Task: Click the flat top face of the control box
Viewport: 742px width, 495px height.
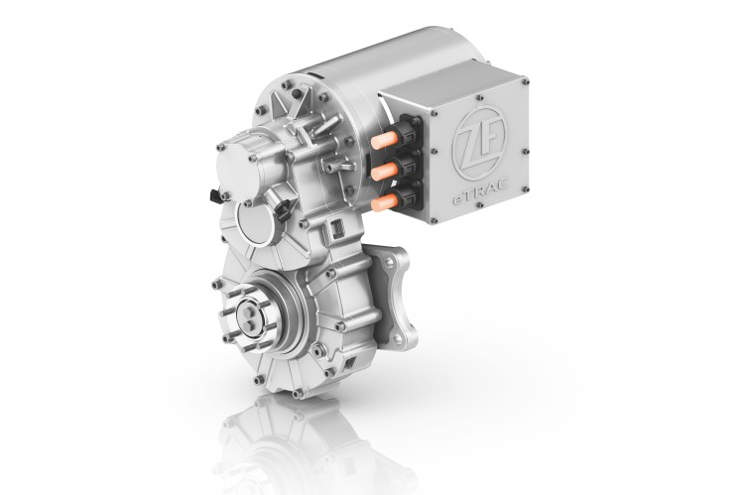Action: [466, 82]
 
